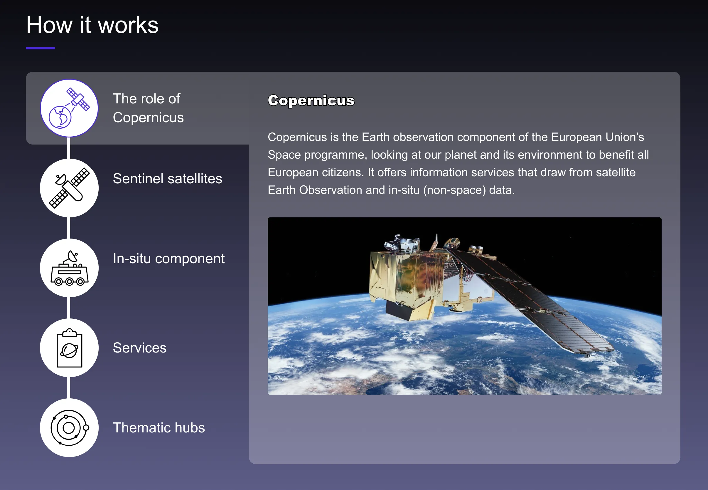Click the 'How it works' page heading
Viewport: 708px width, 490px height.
click(92, 25)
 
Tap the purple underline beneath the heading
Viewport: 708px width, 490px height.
click(41, 48)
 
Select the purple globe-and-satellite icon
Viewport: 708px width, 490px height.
click(69, 108)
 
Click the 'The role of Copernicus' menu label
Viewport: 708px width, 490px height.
click(148, 108)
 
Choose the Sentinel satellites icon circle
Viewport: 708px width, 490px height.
click(69, 188)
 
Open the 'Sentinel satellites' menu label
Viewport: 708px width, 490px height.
click(168, 179)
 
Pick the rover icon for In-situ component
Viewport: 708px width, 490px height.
click(69, 268)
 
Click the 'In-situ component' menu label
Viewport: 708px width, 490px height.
click(169, 259)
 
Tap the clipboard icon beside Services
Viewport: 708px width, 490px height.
click(69, 348)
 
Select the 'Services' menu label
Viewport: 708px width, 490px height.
click(140, 348)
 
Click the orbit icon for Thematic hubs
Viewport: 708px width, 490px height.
click(69, 428)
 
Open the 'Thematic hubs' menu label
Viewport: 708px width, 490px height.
click(159, 428)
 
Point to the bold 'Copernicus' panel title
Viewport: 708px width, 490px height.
click(311, 101)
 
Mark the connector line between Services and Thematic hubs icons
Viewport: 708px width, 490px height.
click(69, 388)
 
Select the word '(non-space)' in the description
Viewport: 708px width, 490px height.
click(455, 190)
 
